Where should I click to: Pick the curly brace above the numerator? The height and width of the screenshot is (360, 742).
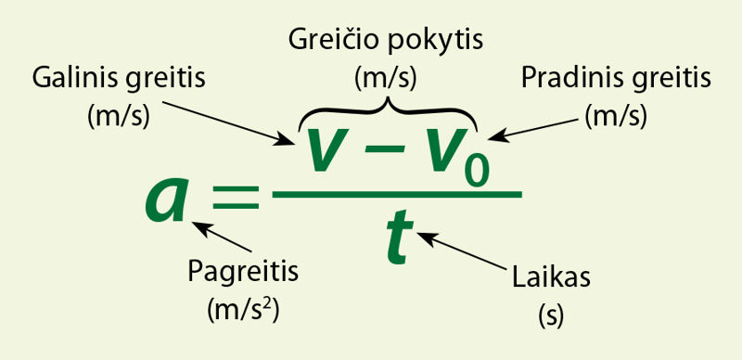point(387,109)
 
